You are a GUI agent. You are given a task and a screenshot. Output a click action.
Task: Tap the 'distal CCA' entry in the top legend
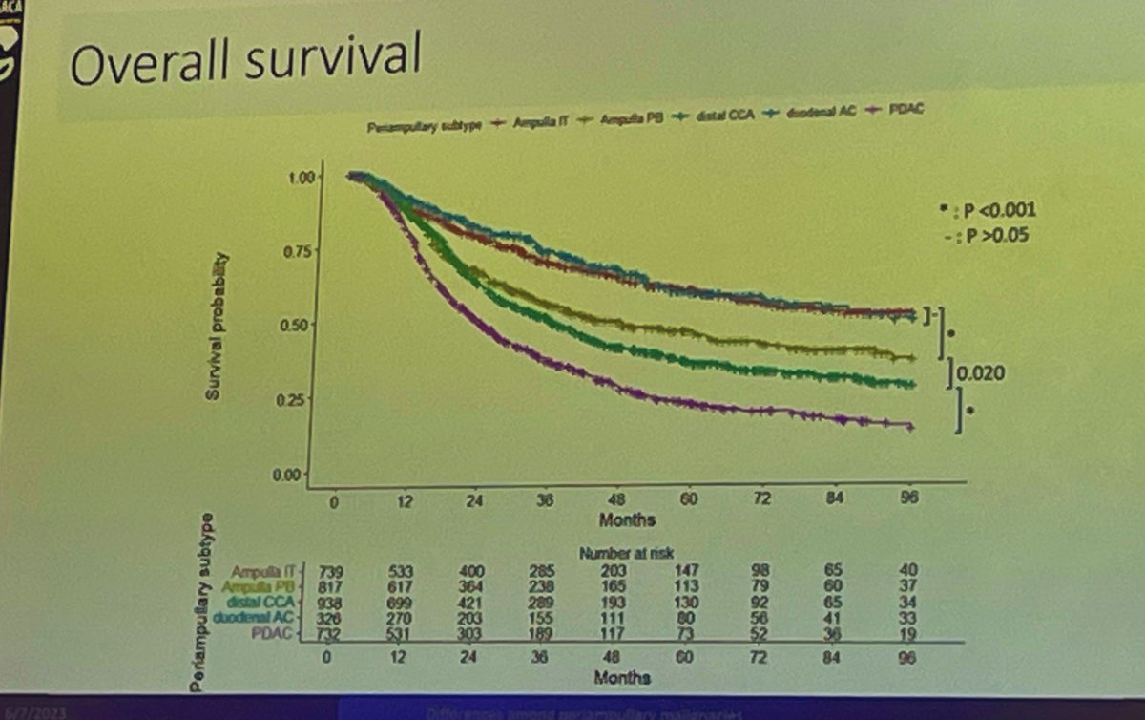click(x=729, y=118)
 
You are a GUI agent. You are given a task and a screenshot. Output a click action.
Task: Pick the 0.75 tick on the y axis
click(x=300, y=252)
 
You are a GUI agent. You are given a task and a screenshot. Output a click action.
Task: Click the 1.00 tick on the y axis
click(x=300, y=178)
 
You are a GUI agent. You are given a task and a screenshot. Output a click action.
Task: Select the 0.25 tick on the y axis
click(x=300, y=400)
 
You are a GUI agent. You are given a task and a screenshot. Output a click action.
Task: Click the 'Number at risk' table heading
click(x=618, y=552)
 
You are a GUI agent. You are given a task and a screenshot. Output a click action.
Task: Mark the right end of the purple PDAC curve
click(x=911, y=427)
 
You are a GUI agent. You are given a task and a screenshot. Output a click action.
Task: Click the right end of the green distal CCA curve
click(x=911, y=385)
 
